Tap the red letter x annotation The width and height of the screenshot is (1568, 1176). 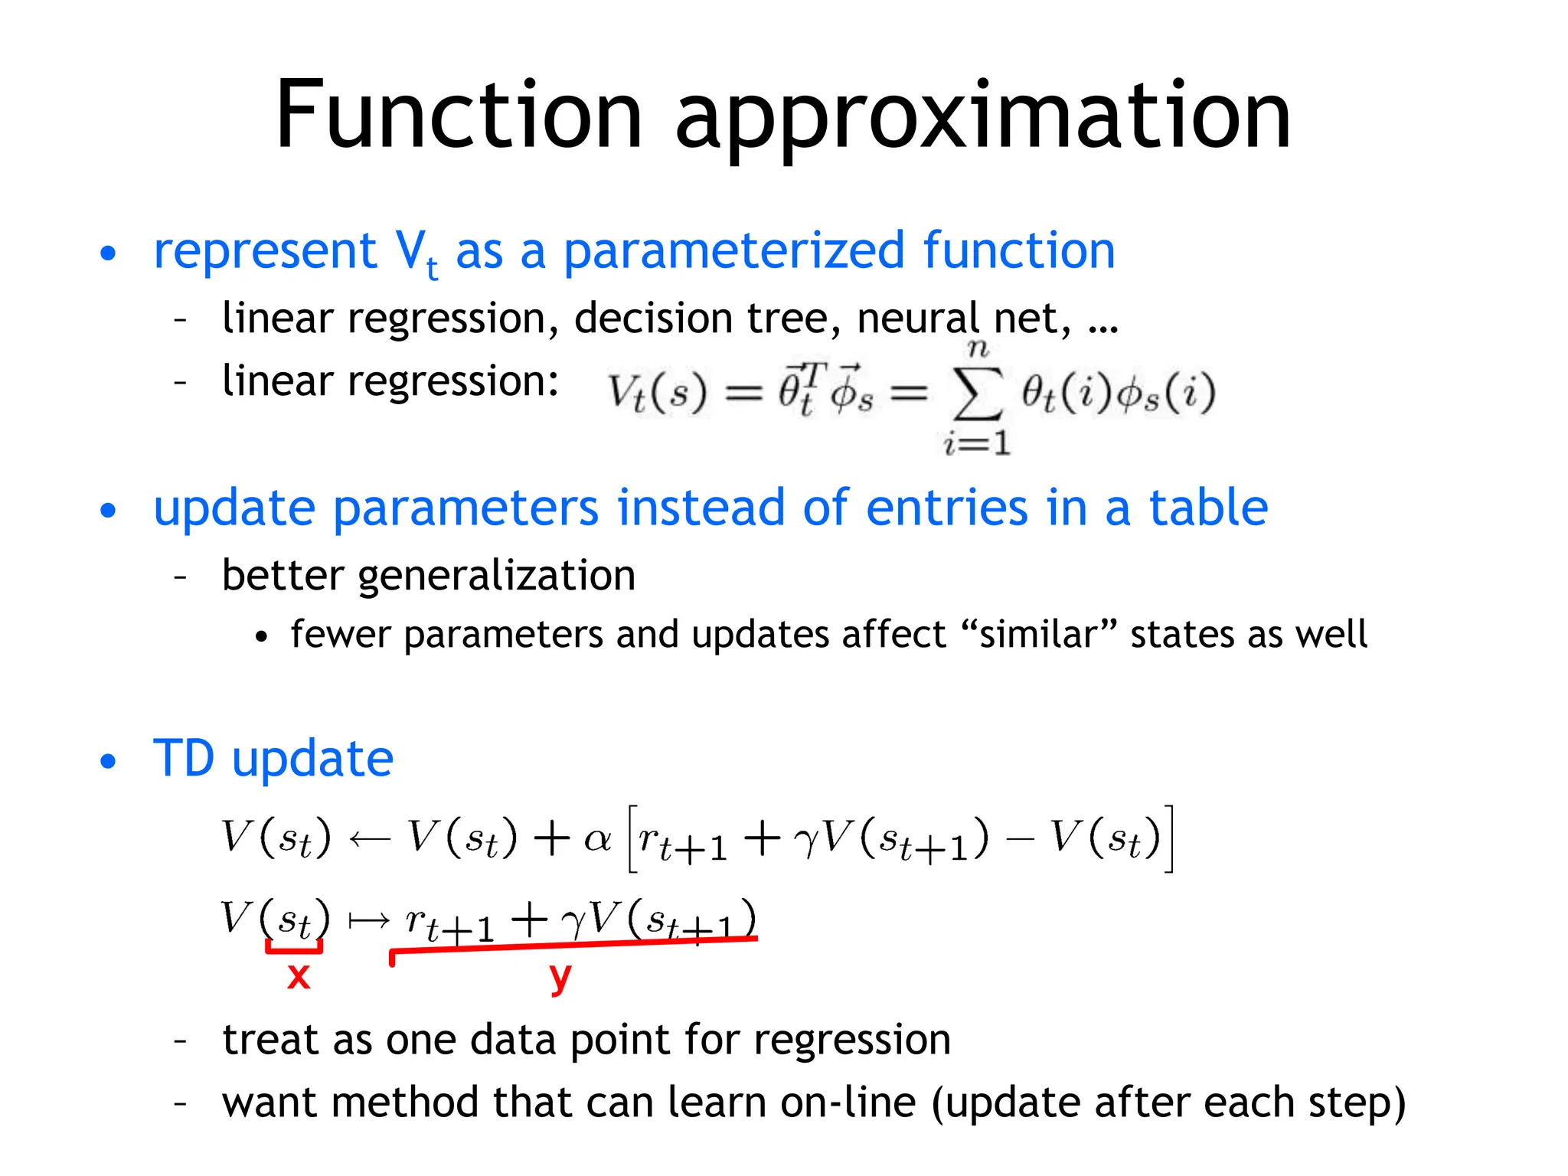click(x=299, y=976)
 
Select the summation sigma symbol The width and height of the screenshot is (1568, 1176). click(x=977, y=394)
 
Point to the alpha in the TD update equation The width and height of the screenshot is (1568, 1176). click(x=597, y=839)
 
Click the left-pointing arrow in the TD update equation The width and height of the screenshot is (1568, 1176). click(x=369, y=839)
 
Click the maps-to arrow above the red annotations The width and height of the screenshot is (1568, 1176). click(x=369, y=920)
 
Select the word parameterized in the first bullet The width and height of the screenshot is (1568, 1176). click(x=734, y=250)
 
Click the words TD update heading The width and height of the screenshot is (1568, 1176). click(x=273, y=759)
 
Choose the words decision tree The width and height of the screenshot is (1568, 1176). click(x=708, y=318)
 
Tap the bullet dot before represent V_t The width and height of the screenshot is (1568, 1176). click(x=109, y=253)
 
